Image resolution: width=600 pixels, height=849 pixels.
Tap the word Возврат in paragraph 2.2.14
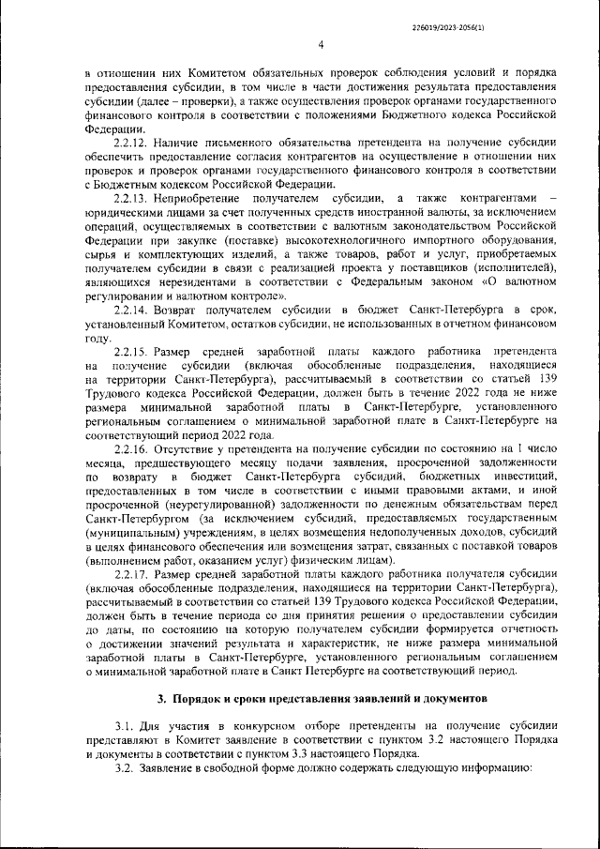click(x=181, y=309)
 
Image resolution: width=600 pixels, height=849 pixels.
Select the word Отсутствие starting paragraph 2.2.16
click(x=190, y=447)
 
